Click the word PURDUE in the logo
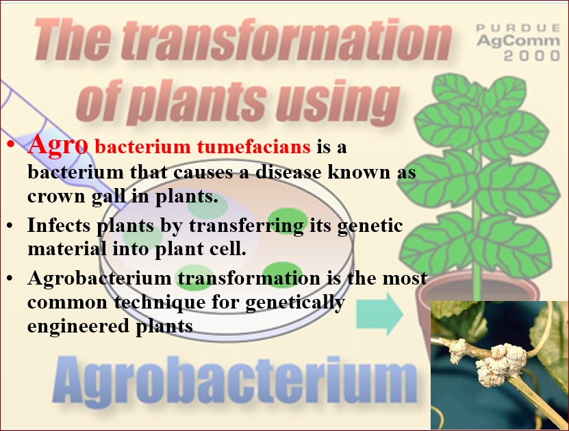tap(518, 28)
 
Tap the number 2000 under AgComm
tap(532, 56)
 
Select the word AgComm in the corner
tap(518, 41)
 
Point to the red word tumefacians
tap(254, 146)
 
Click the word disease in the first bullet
tap(288, 172)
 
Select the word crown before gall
tap(56, 197)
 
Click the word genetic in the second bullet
tap(370, 226)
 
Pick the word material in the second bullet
tap(67, 249)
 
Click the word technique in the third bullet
tap(160, 302)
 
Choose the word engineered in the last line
tap(78, 326)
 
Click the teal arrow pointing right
tap(379, 314)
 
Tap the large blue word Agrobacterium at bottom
tap(235, 380)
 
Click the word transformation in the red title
tap(286, 40)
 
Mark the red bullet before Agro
tap(10, 145)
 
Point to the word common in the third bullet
tap(67, 302)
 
